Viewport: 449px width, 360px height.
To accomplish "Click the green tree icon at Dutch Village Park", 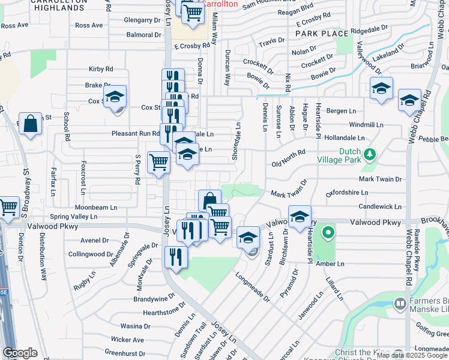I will (370, 154).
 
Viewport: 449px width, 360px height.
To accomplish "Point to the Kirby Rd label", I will (101, 70).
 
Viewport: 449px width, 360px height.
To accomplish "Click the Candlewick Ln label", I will (380, 206).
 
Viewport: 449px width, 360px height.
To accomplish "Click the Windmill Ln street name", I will (366, 125).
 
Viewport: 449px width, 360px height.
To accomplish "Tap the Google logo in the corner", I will (20, 353).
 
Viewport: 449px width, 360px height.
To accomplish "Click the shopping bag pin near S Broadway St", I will (31, 124).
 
